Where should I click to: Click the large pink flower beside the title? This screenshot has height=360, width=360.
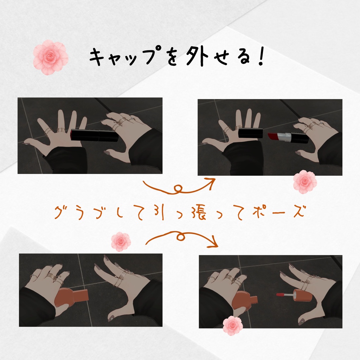click(51, 57)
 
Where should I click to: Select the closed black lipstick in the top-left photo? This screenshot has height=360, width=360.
click(94, 135)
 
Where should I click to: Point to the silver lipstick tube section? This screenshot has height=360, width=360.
click(284, 137)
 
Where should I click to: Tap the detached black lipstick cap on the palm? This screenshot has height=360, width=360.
click(250, 133)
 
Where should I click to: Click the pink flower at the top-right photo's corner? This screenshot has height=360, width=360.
click(305, 182)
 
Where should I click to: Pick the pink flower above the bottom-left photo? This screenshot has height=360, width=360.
click(121, 242)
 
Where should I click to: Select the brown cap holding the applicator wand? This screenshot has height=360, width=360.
click(302, 295)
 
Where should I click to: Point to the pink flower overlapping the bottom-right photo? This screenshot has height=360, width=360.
click(233, 326)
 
